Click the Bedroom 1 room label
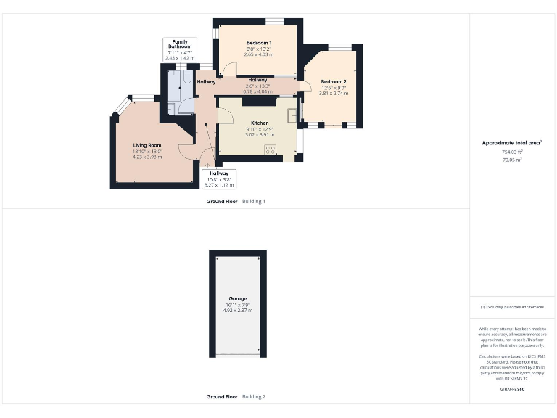[258, 43]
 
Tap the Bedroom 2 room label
[334, 81]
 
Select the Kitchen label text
[260, 123]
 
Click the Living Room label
[147, 146]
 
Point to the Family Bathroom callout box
[180, 49]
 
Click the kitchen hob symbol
[271, 149]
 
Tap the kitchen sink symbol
[292, 115]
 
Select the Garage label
[238, 299]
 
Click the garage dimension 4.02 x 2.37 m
[238, 311]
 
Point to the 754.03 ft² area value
[513, 152]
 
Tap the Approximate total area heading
[512, 143]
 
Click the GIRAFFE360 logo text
[513, 390]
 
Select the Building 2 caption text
[254, 397]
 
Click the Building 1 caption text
[254, 201]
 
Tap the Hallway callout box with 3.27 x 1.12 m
[219, 179]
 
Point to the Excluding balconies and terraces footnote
[513, 307]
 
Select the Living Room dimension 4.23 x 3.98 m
[147, 157]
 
